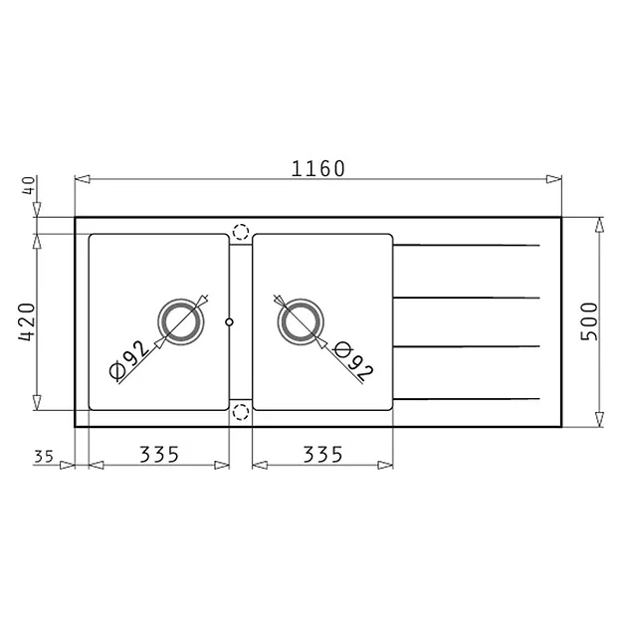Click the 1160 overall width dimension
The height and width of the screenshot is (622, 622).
[318, 168]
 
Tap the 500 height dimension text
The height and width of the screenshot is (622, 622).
[589, 321]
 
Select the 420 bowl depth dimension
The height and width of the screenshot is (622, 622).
[27, 321]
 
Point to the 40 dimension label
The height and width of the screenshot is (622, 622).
[29, 185]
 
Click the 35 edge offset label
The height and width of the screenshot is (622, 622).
[44, 457]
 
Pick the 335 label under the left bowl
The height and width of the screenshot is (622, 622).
[159, 455]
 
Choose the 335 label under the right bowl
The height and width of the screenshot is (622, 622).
[322, 455]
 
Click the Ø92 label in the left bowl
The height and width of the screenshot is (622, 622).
[129, 360]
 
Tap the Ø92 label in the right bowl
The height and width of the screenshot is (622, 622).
[353, 361]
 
